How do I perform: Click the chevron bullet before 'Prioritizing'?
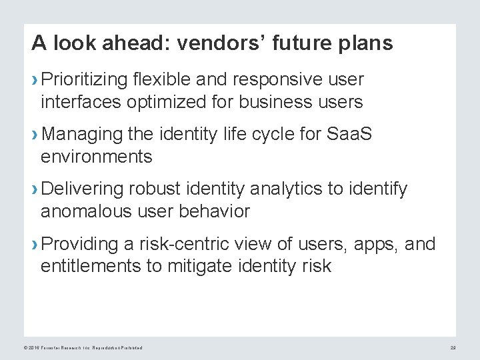tap(35, 81)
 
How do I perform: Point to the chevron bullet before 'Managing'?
tap(35, 136)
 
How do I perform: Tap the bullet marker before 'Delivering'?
tap(35, 191)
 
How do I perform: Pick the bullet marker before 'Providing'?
tap(35, 245)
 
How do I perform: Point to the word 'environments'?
tap(96, 157)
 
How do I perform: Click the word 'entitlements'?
tap(91, 267)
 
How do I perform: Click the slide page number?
tap(451, 347)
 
